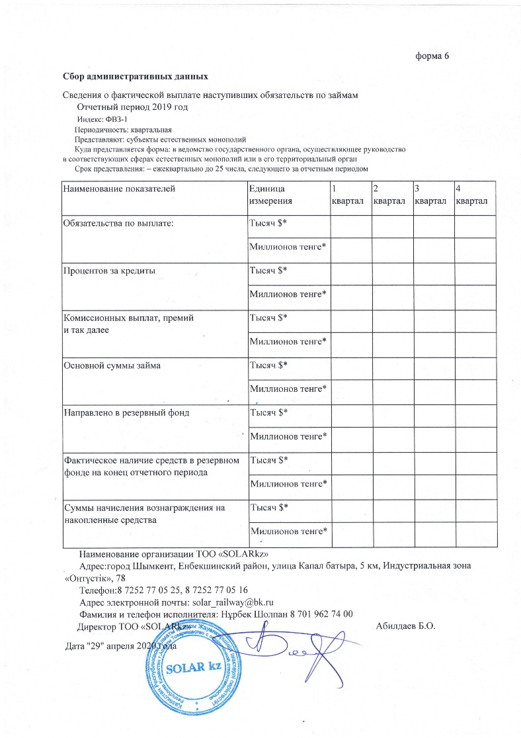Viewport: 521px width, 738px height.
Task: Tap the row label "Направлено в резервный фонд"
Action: [x=126, y=412]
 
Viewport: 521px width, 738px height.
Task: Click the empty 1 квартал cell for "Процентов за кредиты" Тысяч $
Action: [x=350, y=273]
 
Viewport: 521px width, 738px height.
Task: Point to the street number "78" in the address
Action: [x=119, y=578]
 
